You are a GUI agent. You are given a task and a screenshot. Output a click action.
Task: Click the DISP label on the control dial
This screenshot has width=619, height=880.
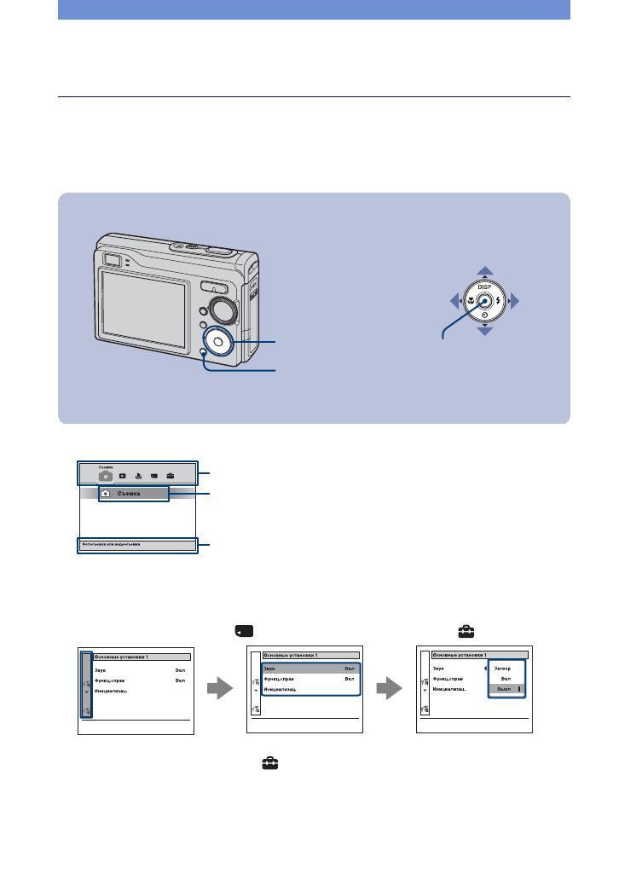(484, 287)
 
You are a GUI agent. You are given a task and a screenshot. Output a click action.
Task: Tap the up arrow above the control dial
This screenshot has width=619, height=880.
(485, 271)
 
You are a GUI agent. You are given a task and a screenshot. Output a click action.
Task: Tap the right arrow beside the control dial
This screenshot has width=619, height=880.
(514, 302)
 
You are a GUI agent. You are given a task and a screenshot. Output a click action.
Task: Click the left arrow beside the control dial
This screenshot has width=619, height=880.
(455, 302)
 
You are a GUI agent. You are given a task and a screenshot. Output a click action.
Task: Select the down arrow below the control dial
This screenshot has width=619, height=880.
(485, 331)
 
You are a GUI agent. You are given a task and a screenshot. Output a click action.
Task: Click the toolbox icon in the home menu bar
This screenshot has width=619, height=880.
(171, 476)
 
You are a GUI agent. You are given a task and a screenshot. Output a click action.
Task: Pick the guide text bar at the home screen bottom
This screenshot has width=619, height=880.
(137, 544)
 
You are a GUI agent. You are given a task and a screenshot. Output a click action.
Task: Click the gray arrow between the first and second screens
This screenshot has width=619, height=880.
(221, 689)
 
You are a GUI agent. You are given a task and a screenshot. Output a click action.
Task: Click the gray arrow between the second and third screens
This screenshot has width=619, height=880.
(390, 689)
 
